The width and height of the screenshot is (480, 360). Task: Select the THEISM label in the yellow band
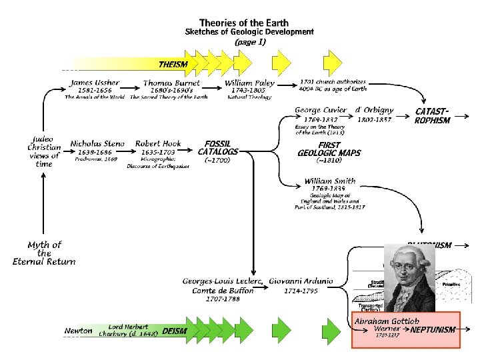point(173,64)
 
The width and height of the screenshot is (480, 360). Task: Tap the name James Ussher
point(95,83)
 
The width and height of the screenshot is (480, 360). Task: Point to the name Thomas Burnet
point(168,83)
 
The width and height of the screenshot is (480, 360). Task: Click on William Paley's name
point(248,83)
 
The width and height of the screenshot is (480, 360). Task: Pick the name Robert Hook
point(158,143)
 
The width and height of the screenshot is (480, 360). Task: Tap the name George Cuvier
point(321,110)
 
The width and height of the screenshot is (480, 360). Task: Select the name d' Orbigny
point(374,110)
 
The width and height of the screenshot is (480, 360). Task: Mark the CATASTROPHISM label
point(432,115)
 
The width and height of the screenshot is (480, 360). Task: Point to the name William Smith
point(329,181)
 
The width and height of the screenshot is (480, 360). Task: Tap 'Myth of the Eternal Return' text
point(44,253)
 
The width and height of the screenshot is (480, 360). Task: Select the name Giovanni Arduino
point(301,281)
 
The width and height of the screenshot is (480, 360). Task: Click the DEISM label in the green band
point(175,331)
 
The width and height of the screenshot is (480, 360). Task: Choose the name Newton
point(78,331)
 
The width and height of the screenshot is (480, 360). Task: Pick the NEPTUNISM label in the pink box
point(433,329)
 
